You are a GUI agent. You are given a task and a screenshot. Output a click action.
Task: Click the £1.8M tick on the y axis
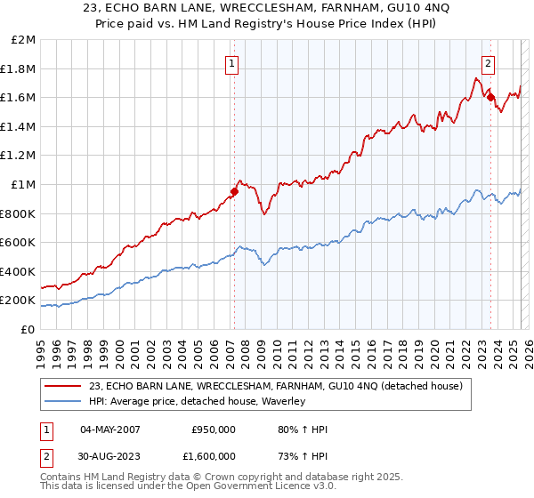point(19,68)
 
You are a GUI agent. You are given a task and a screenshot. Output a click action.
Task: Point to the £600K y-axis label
point(18,242)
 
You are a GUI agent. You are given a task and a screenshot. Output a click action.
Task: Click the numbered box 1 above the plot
point(232,63)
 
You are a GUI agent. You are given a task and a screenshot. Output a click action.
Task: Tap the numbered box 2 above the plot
point(489,63)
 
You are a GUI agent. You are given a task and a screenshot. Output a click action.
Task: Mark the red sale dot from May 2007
point(235,191)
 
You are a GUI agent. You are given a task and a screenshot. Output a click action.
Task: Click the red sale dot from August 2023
point(490,97)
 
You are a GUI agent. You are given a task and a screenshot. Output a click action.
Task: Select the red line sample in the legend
point(63,386)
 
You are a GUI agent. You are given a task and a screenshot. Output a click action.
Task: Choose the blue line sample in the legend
point(63,402)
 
